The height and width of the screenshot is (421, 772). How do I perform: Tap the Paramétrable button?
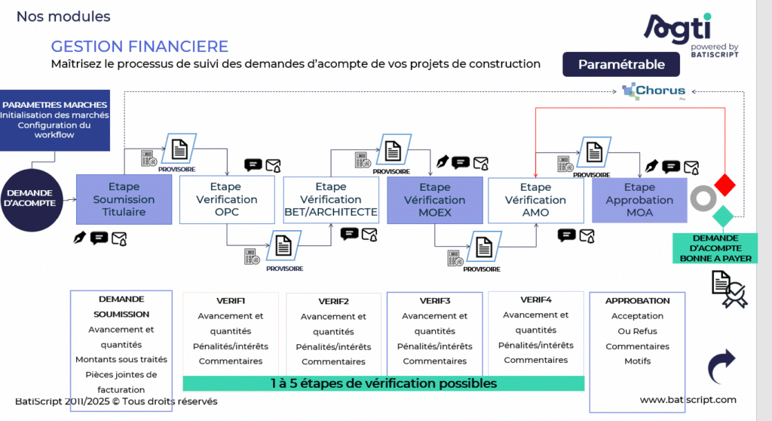[621, 64]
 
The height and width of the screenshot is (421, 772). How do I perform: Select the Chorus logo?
[654, 92]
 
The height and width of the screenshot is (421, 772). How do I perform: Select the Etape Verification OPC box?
[226, 199]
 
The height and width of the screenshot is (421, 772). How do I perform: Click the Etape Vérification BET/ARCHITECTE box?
[331, 199]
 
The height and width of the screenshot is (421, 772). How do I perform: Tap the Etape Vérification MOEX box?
[434, 200]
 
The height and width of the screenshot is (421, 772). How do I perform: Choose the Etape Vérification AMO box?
[535, 200]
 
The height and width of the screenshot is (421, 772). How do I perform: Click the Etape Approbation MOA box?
[639, 200]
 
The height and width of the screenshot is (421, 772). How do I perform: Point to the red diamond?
[725, 183]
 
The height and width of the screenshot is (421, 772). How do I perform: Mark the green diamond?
[723, 216]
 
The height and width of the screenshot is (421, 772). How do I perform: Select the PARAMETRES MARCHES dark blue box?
[54, 119]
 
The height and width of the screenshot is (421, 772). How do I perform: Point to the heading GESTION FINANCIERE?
[139, 47]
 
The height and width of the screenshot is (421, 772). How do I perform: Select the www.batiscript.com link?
[688, 400]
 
